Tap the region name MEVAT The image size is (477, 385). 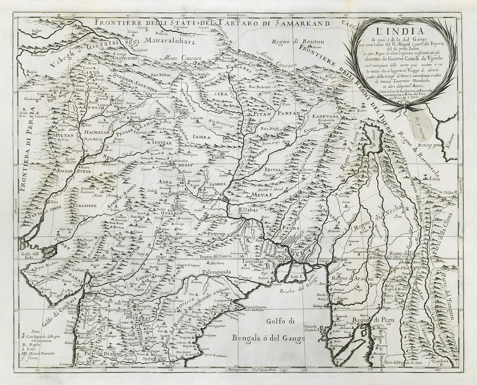pyautogui.click(x=261, y=195)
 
